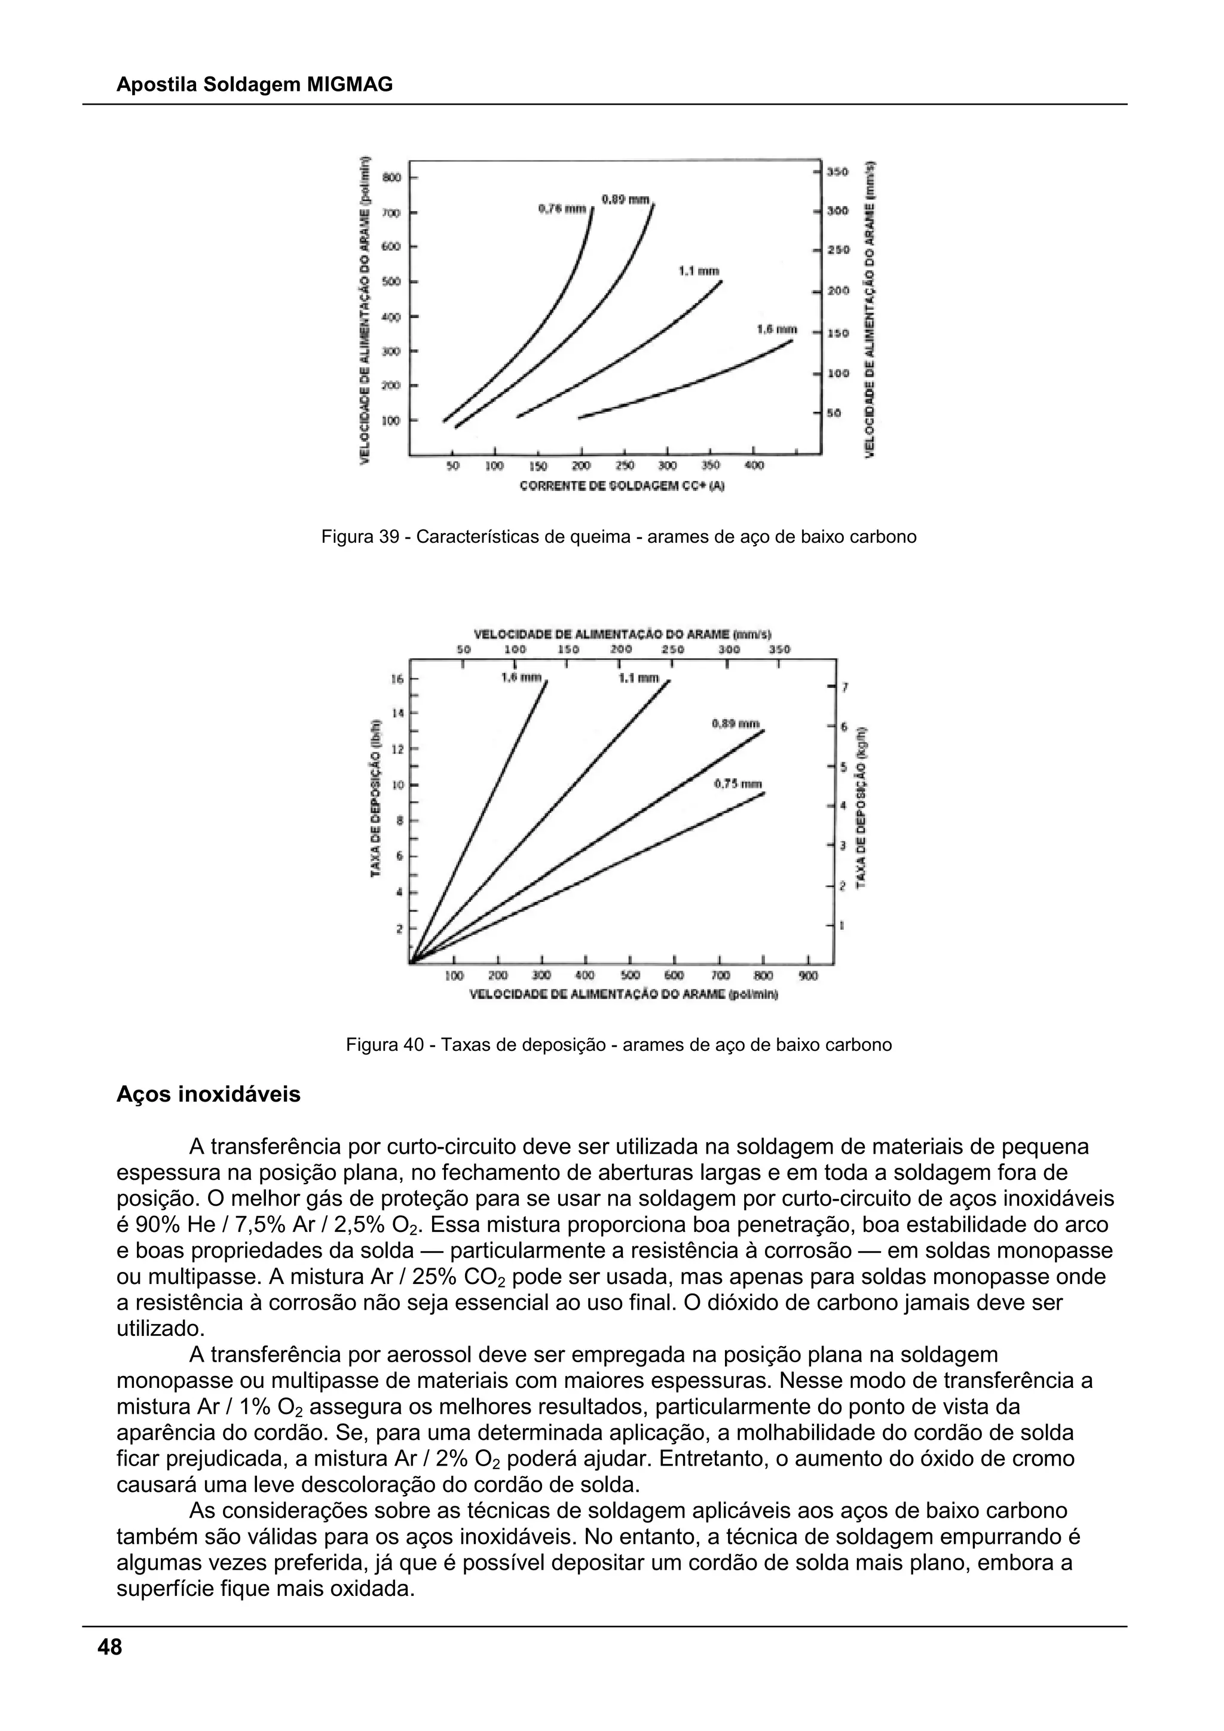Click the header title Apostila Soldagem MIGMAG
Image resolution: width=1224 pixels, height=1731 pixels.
tap(254, 85)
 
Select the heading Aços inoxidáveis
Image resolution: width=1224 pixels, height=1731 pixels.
tap(208, 1094)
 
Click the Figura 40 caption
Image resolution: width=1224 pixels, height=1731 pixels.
tap(618, 1045)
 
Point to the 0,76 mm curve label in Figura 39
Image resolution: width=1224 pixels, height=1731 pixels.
tap(562, 208)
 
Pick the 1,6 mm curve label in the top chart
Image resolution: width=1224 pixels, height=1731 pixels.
tap(776, 329)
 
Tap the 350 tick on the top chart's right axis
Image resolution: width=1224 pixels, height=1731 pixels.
tap(837, 172)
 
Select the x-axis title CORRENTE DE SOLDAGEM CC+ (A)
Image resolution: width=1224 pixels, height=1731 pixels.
tap(622, 487)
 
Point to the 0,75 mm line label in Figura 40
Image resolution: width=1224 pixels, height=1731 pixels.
tap(738, 784)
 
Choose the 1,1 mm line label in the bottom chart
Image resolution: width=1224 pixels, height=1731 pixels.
tap(638, 678)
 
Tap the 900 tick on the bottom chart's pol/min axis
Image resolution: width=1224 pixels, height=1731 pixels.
tap(807, 976)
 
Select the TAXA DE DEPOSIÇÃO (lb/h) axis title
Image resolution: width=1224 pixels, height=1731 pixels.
tap(375, 797)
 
